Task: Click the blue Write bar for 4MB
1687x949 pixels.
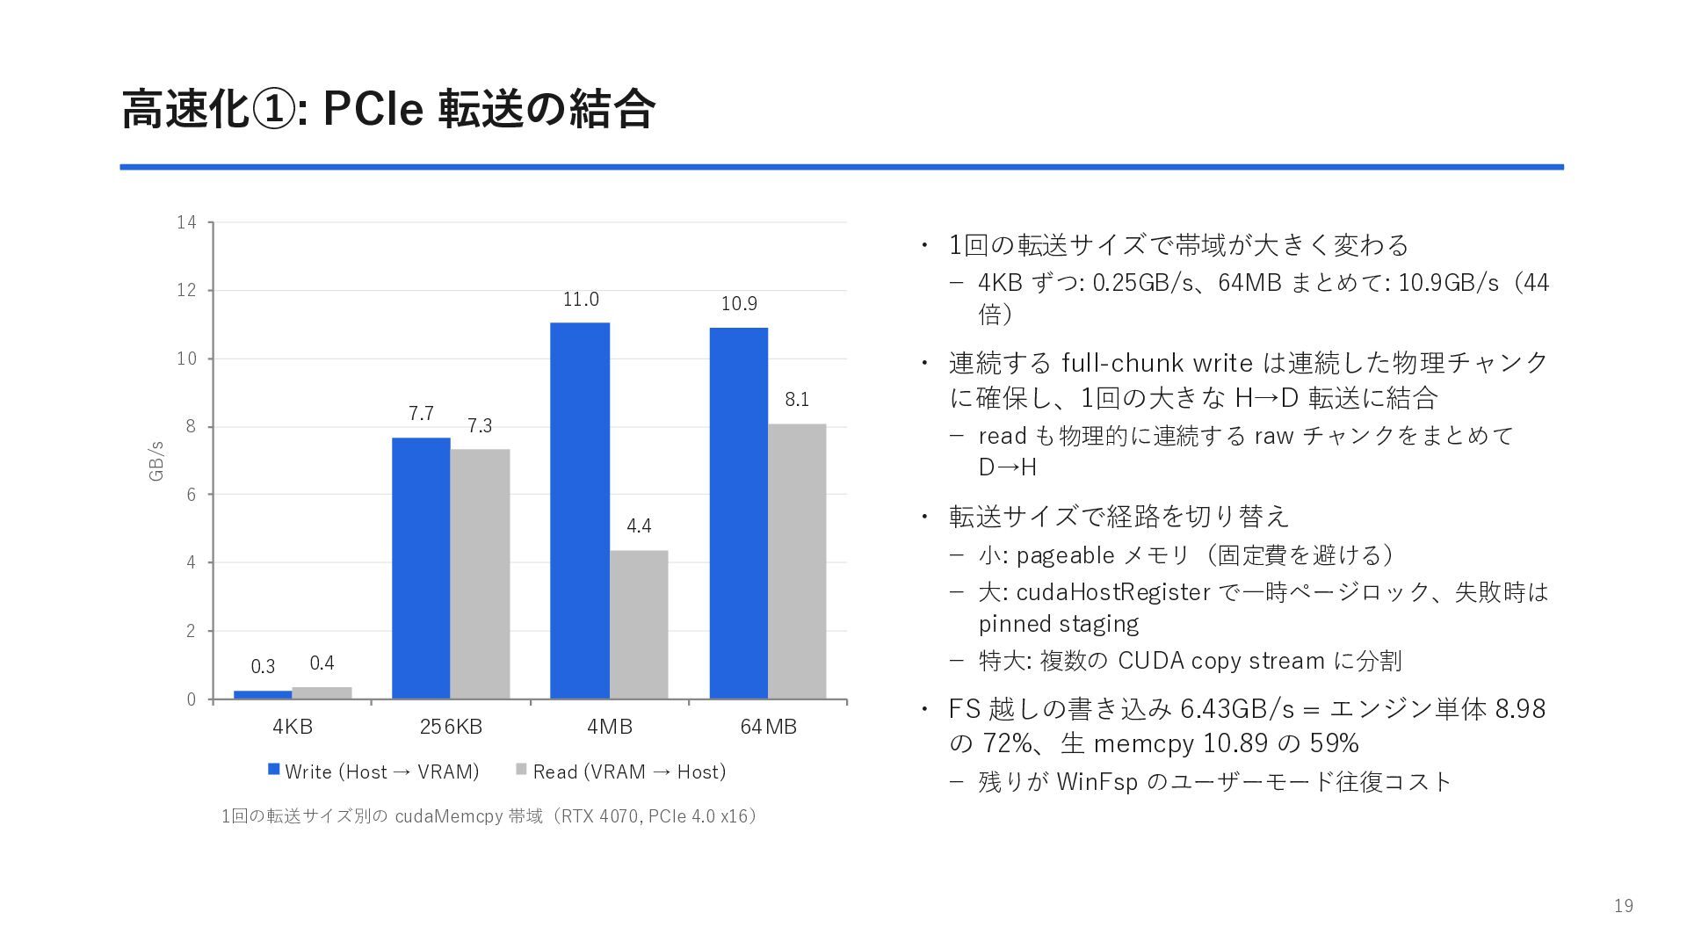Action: pos(580,511)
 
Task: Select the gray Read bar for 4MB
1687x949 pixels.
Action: pos(639,625)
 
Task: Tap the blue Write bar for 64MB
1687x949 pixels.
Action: pos(739,513)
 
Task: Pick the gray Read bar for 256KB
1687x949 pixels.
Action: pos(480,575)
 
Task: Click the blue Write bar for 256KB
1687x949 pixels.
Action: pos(421,569)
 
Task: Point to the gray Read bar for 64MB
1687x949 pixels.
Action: pos(797,561)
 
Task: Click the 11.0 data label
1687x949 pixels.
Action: pos(581,300)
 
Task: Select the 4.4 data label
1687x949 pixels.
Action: pos(639,525)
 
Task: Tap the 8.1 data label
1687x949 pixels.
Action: pos(797,400)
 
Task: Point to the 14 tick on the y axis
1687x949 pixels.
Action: pos(186,222)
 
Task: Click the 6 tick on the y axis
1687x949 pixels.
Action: pos(191,495)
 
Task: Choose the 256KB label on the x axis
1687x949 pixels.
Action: pos(451,728)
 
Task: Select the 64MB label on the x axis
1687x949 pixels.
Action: pos(769,728)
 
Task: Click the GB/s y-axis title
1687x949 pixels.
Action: pos(156,460)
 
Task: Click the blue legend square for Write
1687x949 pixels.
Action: pos(274,770)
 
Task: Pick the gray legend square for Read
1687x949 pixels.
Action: pos(521,770)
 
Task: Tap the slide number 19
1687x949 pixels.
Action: pos(1624,906)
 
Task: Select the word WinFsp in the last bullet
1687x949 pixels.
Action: pos(1097,781)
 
